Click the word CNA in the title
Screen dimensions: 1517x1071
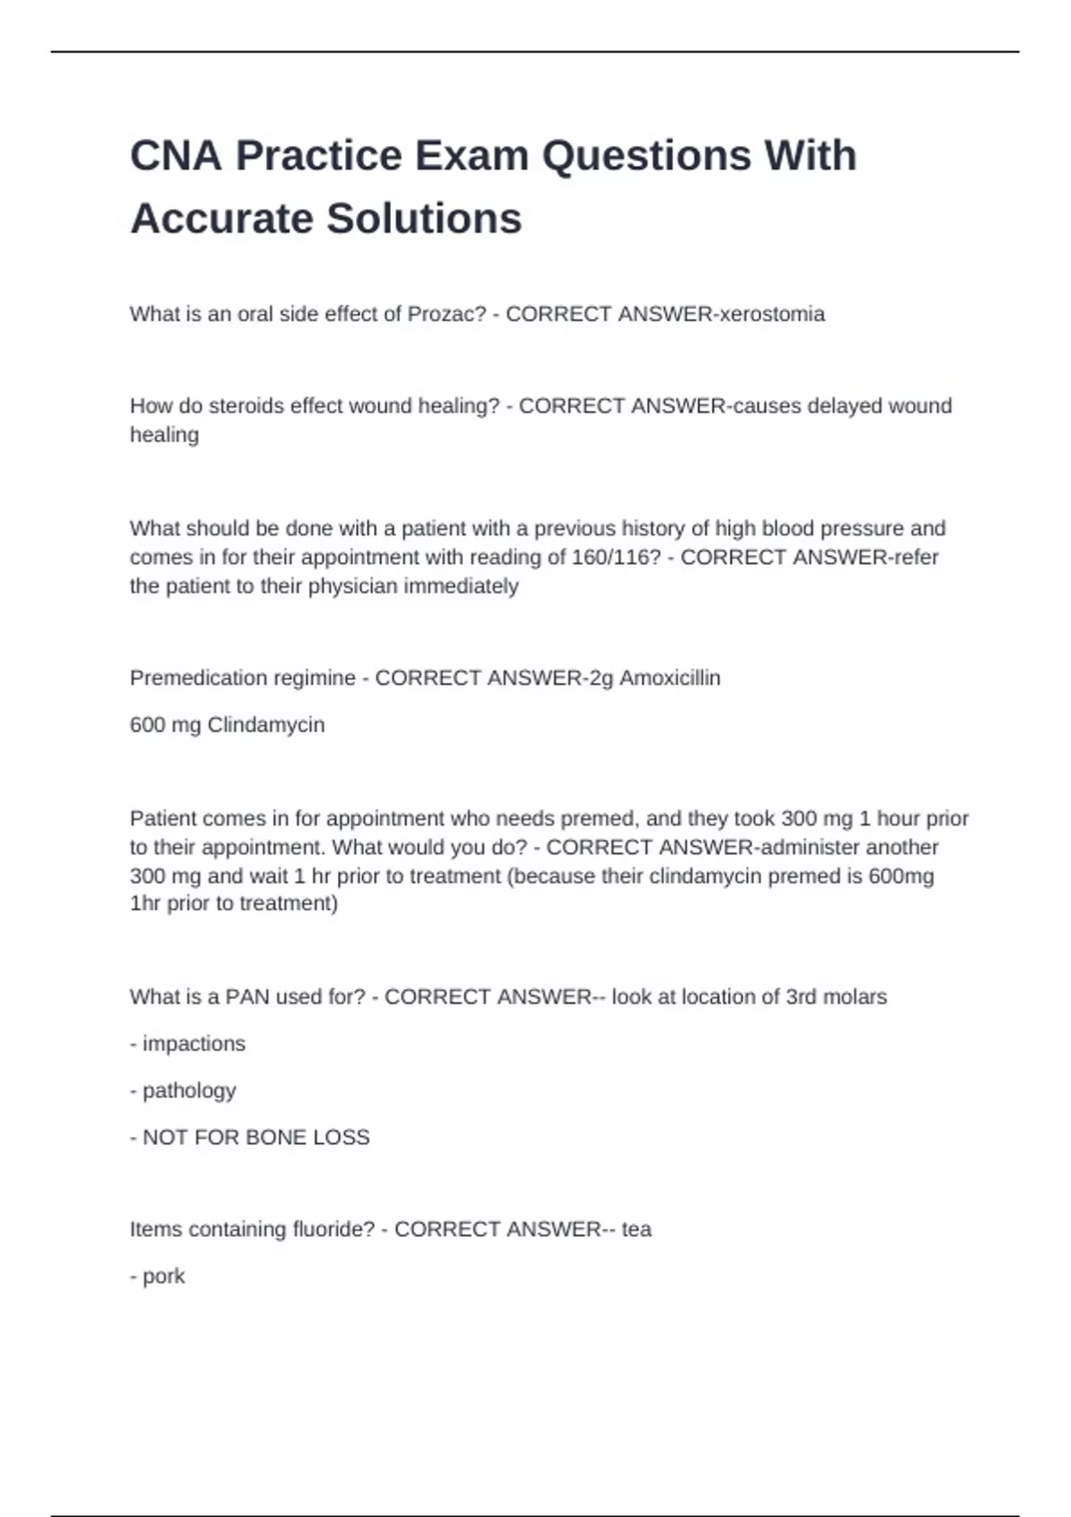[x=176, y=156]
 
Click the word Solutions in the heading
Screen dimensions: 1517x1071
[x=423, y=220]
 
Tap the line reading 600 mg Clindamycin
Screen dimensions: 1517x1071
[x=227, y=725]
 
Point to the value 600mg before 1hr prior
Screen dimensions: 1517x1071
[x=901, y=875]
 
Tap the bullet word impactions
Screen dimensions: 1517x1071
[x=194, y=1043]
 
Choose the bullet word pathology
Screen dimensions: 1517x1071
[x=189, y=1090]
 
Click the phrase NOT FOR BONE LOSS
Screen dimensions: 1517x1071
[x=255, y=1137]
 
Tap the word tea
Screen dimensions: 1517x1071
[x=636, y=1230]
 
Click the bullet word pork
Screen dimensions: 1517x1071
[x=163, y=1276]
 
